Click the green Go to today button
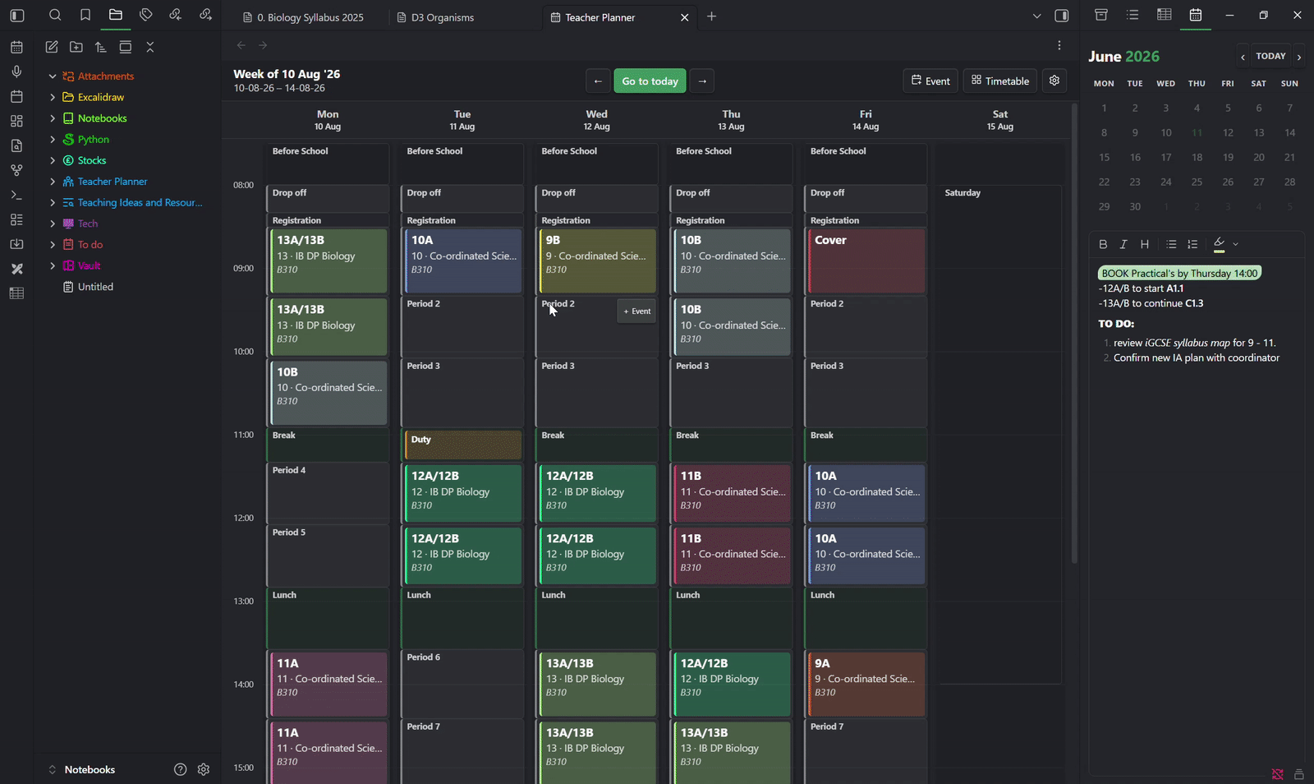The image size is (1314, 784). click(x=650, y=81)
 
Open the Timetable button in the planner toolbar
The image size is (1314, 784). click(x=1000, y=81)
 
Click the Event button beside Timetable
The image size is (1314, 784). click(x=930, y=81)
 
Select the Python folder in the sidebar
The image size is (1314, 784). click(x=94, y=139)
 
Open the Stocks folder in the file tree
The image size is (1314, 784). click(x=91, y=160)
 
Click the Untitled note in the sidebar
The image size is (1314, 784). click(x=95, y=287)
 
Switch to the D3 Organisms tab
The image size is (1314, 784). click(x=443, y=17)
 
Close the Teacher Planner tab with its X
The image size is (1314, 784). click(x=684, y=17)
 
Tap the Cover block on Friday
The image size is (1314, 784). click(x=866, y=261)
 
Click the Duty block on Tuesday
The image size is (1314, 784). click(x=463, y=445)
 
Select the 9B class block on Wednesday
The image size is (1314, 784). click(x=597, y=261)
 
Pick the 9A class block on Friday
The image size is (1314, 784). click(x=866, y=685)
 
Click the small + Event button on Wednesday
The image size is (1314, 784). click(x=636, y=311)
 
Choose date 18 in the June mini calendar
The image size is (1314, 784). click(x=1197, y=157)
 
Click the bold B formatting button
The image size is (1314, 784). click(x=1103, y=244)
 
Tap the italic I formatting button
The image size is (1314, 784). click(x=1123, y=244)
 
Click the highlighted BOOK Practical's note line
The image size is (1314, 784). click(x=1179, y=273)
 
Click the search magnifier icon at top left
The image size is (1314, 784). click(x=54, y=16)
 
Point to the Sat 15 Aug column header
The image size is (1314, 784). click(x=999, y=120)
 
